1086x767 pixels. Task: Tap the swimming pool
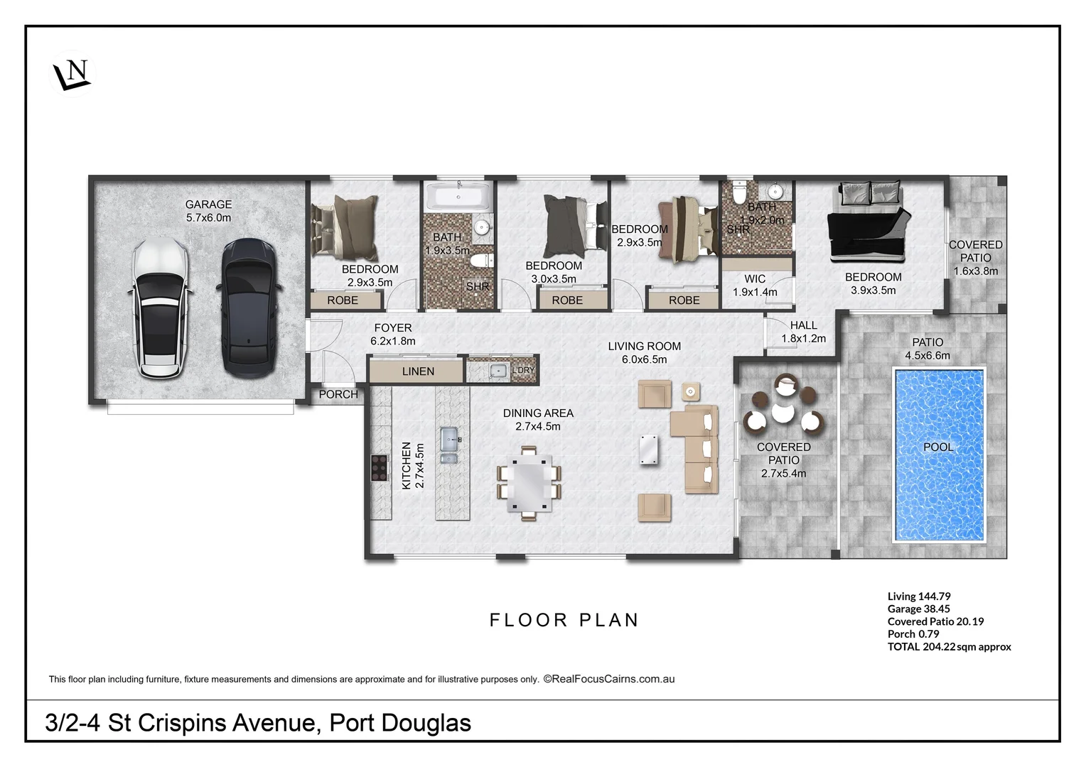pyautogui.click(x=939, y=455)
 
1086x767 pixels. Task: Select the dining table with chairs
pyautogui.click(x=529, y=483)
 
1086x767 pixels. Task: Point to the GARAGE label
pyautogui.click(x=208, y=205)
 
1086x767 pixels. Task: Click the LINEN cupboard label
pyautogui.click(x=418, y=371)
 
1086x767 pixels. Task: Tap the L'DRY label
pyautogui.click(x=523, y=370)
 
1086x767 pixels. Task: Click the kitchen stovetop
pyautogui.click(x=378, y=468)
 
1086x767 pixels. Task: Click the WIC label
pyautogui.click(x=755, y=279)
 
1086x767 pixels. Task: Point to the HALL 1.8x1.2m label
pyautogui.click(x=803, y=332)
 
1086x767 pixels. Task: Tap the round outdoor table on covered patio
pyautogui.click(x=783, y=412)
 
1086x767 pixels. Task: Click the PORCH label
pyautogui.click(x=338, y=394)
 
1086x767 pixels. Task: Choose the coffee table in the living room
pyautogui.click(x=647, y=450)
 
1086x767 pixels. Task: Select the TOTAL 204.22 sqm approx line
pyautogui.click(x=949, y=647)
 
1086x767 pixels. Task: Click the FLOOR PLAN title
pyautogui.click(x=564, y=620)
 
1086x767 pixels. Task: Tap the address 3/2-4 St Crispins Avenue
pyautogui.click(x=258, y=723)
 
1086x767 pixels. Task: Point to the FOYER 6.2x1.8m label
pyautogui.click(x=393, y=334)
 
